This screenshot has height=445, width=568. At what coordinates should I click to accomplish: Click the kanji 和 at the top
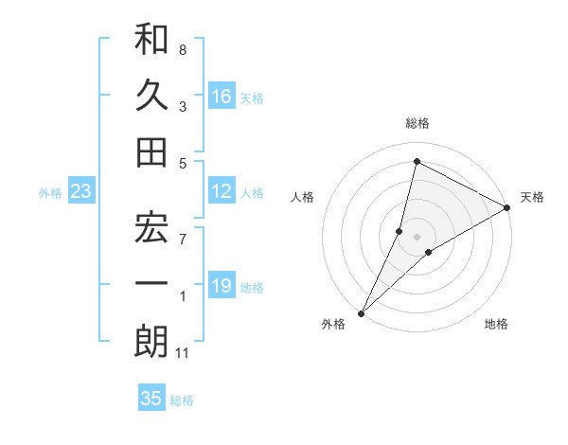[x=151, y=41]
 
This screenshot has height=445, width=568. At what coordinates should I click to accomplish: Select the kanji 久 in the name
[x=151, y=95]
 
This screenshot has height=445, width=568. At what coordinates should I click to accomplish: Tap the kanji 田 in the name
[x=151, y=151]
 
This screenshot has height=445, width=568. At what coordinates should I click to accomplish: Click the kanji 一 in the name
[x=151, y=285]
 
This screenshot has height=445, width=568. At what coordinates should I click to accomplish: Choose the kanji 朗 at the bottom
[x=151, y=341]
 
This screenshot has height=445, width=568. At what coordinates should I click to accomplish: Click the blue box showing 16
[x=221, y=97]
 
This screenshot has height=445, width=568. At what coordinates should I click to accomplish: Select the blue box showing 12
[x=221, y=192]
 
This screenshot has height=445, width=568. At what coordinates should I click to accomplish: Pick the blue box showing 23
[x=80, y=192]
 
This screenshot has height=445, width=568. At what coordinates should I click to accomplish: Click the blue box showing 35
[x=151, y=399]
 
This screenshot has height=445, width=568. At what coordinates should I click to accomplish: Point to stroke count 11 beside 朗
[x=183, y=354]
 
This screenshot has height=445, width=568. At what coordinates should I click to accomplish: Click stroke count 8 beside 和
[x=183, y=49]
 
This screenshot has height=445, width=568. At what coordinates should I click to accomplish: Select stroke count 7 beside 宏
[x=183, y=240]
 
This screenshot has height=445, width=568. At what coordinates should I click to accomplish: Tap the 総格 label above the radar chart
[x=417, y=124]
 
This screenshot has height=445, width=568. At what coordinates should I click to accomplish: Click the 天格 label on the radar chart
[x=532, y=197]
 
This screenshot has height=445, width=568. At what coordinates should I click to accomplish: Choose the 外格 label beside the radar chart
[x=333, y=324]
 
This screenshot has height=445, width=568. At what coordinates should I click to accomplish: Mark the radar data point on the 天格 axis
[x=507, y=207]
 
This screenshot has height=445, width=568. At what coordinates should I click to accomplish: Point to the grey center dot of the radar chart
[x=417, y=236]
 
